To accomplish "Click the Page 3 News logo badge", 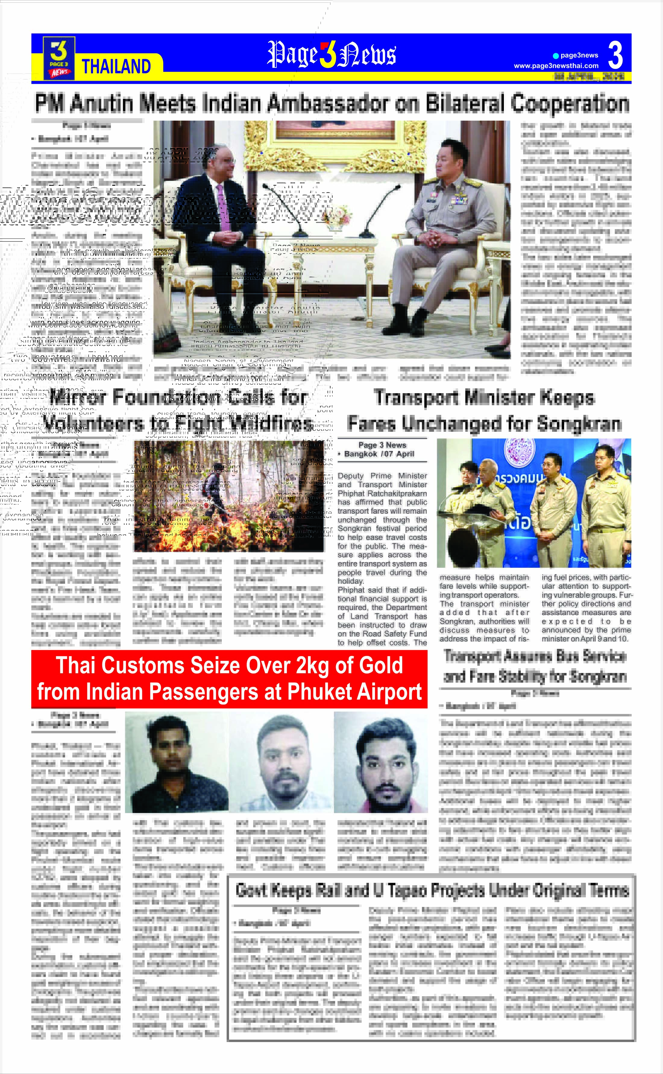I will (x=59, y=58).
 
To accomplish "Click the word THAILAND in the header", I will (x=117, y=66).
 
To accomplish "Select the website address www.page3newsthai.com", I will (x=556, y=66).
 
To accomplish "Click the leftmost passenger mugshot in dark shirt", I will (x=176, y=763).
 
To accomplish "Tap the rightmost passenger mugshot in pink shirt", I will (x=381, y=763).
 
